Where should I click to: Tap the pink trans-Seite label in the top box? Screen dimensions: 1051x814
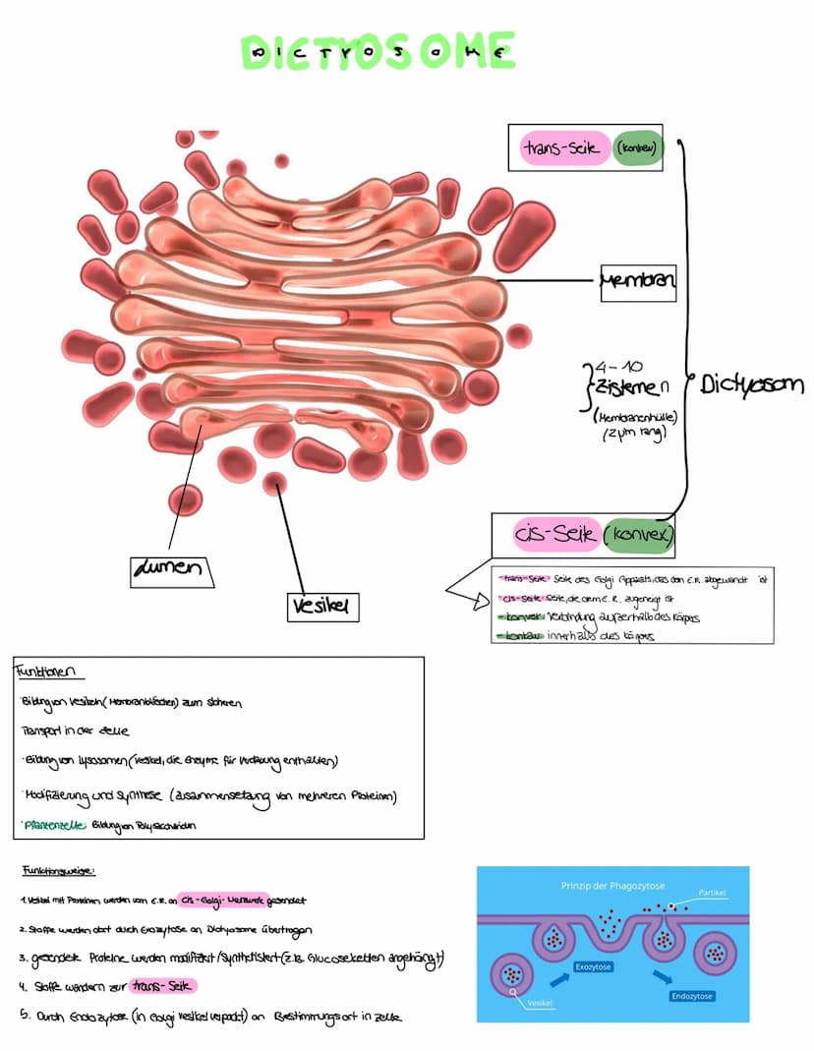coord(563,148)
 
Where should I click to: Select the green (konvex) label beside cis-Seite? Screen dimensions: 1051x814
coord(638,536)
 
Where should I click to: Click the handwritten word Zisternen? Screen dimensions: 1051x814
coord(630,388)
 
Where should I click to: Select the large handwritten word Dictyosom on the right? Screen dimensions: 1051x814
coord(751,384)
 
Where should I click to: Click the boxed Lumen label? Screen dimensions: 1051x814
coord(172,569)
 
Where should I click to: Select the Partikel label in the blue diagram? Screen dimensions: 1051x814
coord(712,893)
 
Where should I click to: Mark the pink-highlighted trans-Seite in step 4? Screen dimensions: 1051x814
coord(164,986)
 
